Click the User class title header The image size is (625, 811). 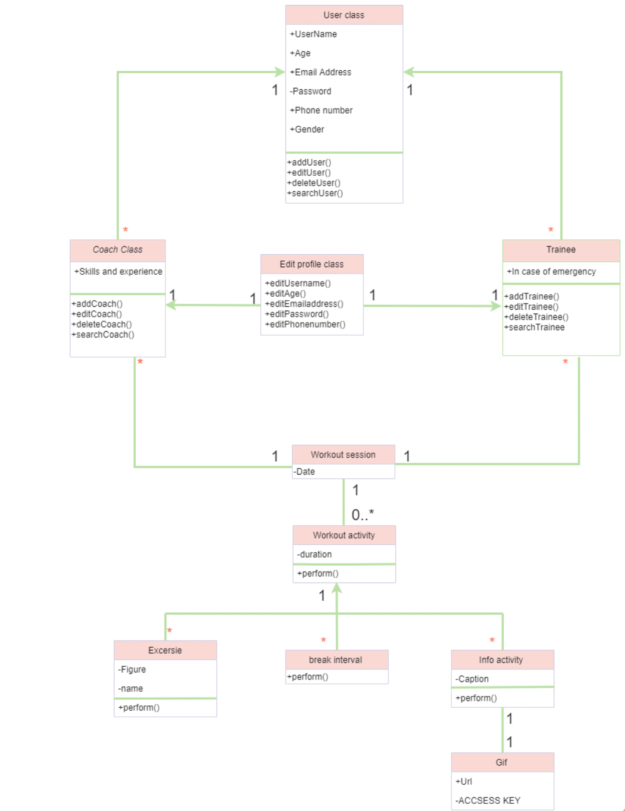tap(343, 15)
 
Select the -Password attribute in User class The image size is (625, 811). tap(311, 91)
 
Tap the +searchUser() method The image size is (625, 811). tap(316, 193)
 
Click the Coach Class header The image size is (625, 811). tap(118, 249)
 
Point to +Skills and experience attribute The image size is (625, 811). tap(118, 271)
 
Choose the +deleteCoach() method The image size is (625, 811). tap(102, 324)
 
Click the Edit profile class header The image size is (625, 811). tap(311, 264)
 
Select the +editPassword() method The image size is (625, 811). tap(297, 314)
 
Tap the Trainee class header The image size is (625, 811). tap(560, 249)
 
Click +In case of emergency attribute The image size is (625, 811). tap(551, 271)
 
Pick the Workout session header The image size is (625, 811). tap(343, 454)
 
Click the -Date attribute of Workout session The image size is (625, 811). tap(305, 472)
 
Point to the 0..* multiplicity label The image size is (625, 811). tap(362, 515)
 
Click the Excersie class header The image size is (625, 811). tap(165, 650)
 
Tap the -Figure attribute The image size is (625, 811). tap(132, 670)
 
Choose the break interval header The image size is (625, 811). tap(335, 660)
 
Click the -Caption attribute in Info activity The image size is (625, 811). tap(472, 679)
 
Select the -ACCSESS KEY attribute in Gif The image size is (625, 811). tap(488, 800)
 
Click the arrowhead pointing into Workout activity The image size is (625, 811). tap(337, 588)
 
